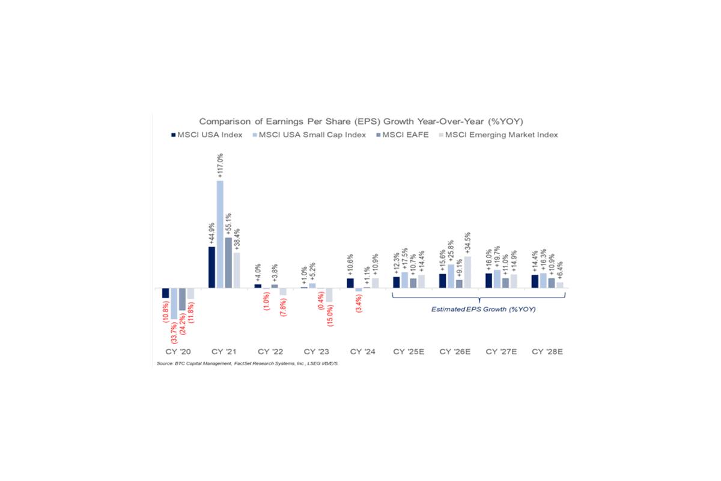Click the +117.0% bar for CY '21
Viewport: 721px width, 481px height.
click(x=220, y=234)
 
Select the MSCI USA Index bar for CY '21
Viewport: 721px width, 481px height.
click(x=211, y=267)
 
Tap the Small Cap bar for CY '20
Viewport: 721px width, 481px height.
click(x=174, y=303)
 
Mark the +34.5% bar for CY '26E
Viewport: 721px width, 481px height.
click(x=468, y=272)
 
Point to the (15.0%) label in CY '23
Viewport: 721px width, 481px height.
click(x=330, y=318)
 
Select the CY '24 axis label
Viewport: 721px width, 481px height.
click(x=363, y=351)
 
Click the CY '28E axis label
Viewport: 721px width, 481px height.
click(x=547, y=351)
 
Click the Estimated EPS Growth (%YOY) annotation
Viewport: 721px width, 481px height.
click(x=479, y=310)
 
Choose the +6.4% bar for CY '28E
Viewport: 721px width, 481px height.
click(x=560, y=285)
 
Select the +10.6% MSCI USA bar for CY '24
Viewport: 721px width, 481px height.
click(x=350, y=283)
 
